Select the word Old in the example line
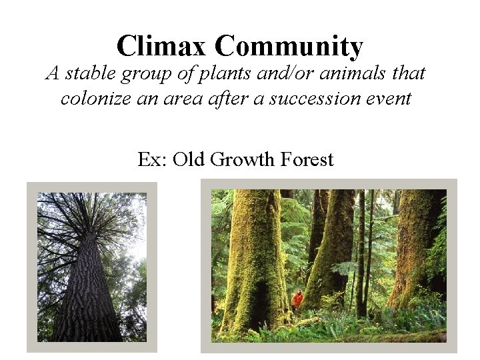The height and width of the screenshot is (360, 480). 188,160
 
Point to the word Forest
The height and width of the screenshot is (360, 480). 305,160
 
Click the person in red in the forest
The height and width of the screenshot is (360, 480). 298,299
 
